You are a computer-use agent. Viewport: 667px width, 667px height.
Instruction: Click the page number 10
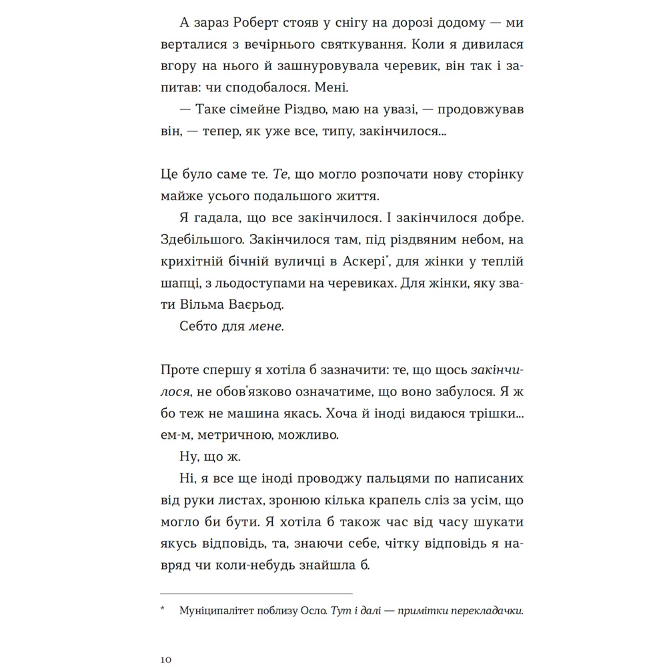point(167,659)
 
